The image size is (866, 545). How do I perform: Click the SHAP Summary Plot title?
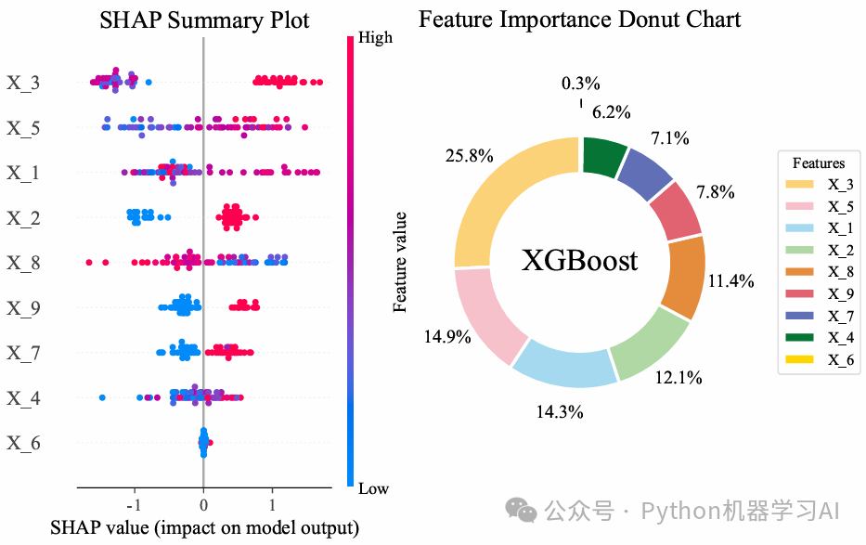pos(204,19)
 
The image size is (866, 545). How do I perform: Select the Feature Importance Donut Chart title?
pos(580,19)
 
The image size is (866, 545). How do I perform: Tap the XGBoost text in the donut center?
pos(580,260)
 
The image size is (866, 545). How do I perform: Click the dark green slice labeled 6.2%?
pos(605,153)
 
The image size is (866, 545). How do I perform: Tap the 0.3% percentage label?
pos(581,84)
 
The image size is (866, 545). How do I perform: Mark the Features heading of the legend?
pos(819,163)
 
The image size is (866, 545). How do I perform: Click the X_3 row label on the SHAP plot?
pos(23,84)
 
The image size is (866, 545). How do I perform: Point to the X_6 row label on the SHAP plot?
pos(23,443)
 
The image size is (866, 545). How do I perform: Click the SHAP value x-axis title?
pos(204,529)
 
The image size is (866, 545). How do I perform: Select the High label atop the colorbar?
pos(374,38)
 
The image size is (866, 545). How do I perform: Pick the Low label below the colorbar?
pos(374,488)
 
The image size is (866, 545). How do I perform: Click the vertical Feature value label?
pos(401,262)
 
